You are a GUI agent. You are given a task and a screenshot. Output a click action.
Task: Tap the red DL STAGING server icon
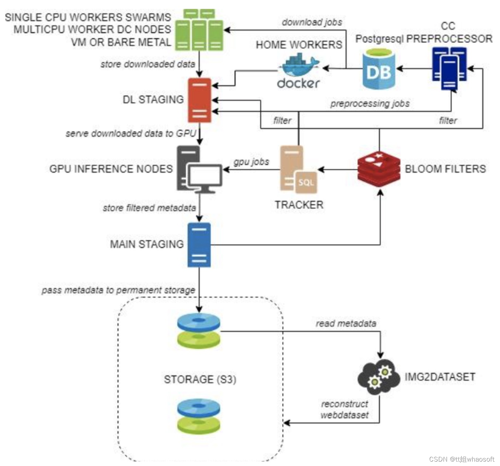(199, 100)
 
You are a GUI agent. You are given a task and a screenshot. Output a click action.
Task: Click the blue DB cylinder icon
(378, 69)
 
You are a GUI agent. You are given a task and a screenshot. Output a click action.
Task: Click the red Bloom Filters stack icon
(379, 168)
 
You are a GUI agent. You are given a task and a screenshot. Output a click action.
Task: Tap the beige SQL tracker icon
(298, 170)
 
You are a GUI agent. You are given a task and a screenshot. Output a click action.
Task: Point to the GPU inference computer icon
(199, 169)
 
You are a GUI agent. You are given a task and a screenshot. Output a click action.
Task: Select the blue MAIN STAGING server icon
(199, 244)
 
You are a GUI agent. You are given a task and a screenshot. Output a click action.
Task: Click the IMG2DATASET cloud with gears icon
(379, 377)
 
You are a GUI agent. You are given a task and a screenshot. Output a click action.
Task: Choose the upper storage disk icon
(199, 331)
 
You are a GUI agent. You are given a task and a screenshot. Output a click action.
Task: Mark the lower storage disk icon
(199, 416)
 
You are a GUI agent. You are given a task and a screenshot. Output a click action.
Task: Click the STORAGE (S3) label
(200, 379)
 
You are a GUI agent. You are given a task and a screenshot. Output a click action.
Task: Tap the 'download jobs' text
(312, 22)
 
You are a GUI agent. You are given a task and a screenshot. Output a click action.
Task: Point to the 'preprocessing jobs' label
(370, 103)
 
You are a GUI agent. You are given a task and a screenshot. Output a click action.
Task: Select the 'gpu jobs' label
(251, 162)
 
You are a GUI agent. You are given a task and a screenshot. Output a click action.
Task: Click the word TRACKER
(299, 205)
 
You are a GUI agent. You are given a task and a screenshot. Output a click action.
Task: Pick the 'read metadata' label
(346, 323)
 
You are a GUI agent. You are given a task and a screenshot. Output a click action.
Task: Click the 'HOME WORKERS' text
(299, 45)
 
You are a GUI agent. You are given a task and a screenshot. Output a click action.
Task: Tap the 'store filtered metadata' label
(149, 208)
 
